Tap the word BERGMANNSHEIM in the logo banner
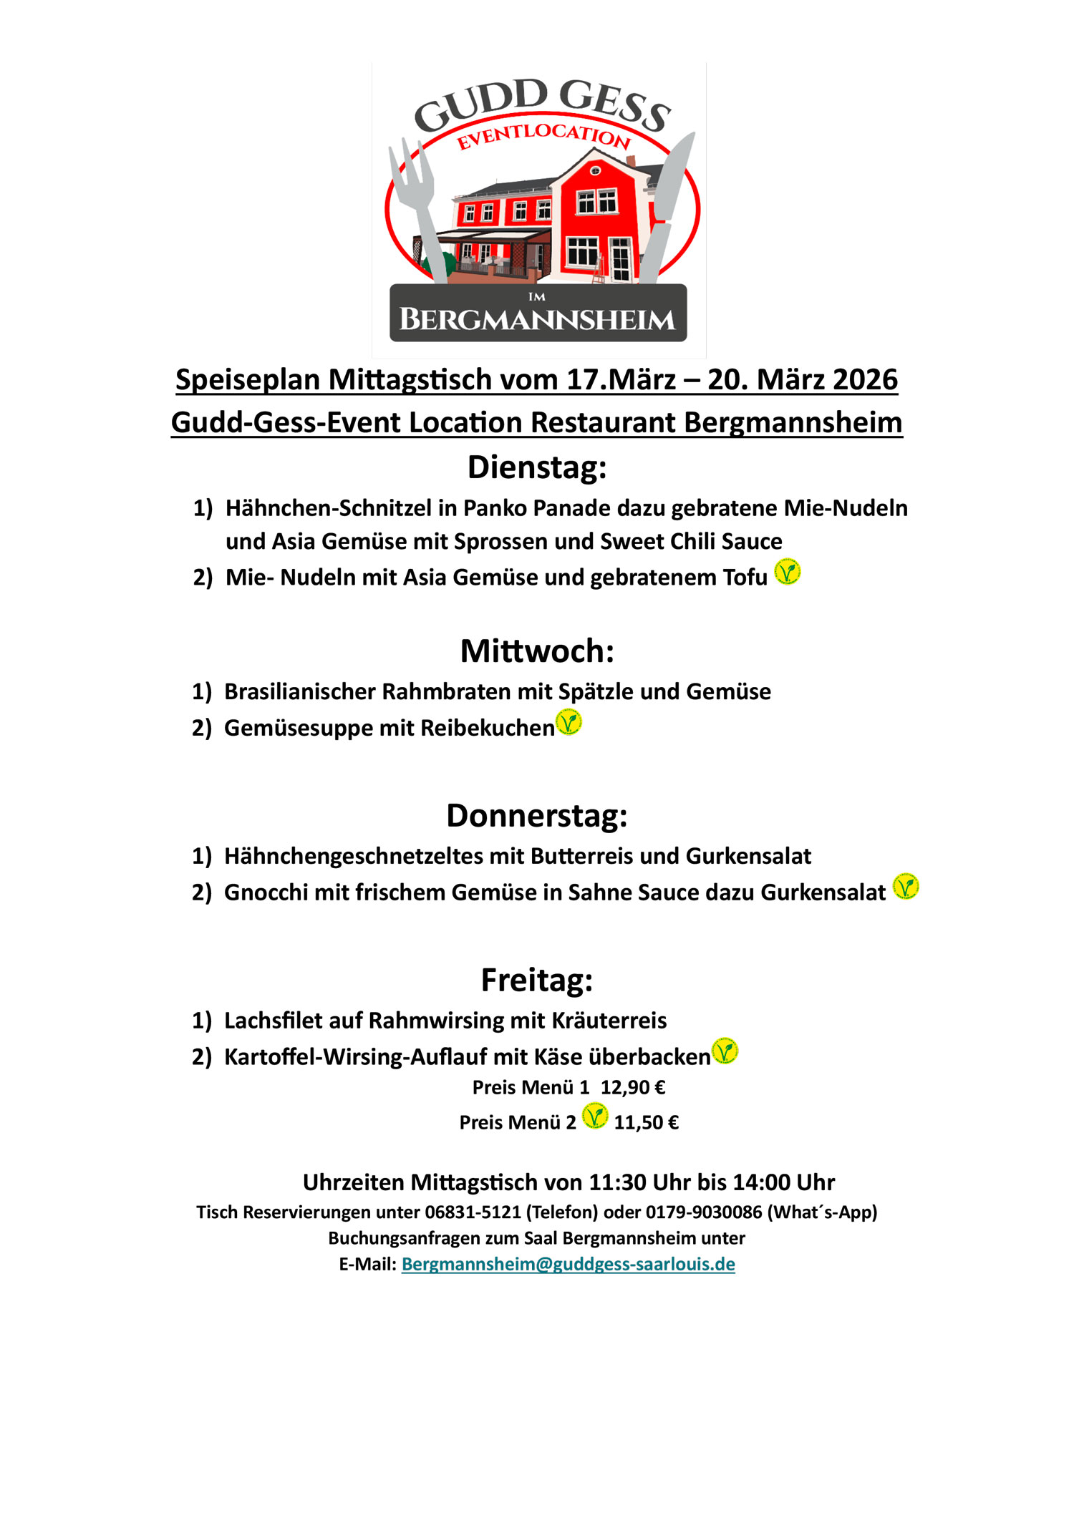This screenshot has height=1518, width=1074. click(537, 319)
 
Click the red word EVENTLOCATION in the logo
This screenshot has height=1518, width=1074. click(543, 136)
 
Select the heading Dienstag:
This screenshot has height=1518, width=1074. click(537, 467)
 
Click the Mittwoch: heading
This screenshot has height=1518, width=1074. click(537, 651)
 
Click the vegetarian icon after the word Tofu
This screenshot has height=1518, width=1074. click(788, 572)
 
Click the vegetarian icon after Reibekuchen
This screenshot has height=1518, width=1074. click(569, 722)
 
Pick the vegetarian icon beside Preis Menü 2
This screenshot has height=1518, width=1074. click(595, 1116)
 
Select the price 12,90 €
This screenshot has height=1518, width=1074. click(633, 1088)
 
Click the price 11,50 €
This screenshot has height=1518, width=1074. click(646, 1123)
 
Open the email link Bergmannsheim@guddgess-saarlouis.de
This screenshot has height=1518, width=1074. click(568, 1265)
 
